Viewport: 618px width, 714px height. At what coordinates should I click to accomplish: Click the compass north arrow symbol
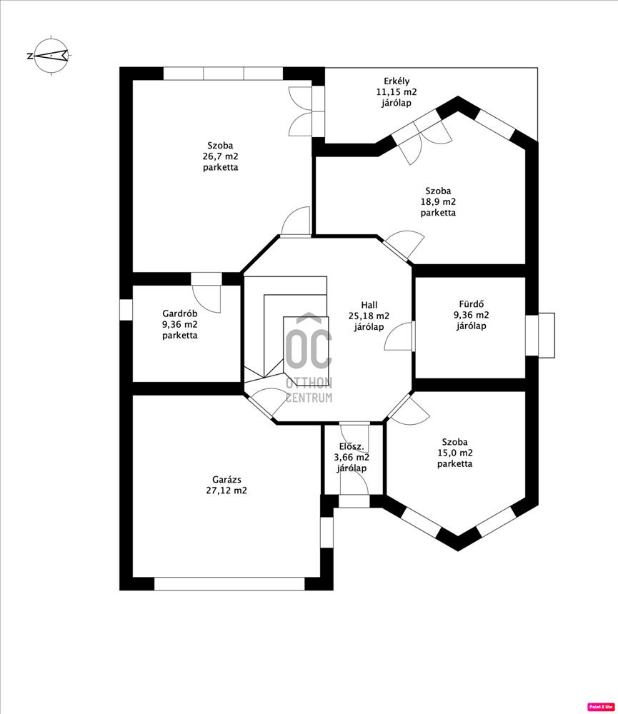[x=51, y=56]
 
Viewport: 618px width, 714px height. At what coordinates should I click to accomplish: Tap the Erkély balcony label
[x=397, y=81]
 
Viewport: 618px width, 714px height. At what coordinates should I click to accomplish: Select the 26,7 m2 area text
[x=221, y=156]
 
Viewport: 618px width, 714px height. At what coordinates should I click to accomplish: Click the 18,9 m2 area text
[x=438, y=202]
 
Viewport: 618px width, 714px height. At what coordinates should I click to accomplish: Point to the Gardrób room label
[x=179, y=313]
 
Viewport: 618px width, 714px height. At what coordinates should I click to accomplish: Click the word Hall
[x=369, y=305]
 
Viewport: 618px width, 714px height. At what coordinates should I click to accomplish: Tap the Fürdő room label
[x=472, y=303]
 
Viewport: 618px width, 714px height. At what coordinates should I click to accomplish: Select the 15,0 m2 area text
[x=455, y=453]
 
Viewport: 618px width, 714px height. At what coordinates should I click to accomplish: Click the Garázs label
[x=226, y=480]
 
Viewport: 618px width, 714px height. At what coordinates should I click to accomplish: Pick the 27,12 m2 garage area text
[x=226, y=491]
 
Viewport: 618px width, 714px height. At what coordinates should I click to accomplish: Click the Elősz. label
[x=352, y=447]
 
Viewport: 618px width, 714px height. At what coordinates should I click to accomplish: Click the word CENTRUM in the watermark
[x=309, y=398]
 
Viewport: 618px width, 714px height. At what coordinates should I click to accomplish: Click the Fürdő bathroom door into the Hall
[x=399, y=336]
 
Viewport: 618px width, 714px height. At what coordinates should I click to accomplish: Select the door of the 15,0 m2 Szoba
[x=409, y=411]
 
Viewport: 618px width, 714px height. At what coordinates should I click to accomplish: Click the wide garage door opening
[x=229, y=584]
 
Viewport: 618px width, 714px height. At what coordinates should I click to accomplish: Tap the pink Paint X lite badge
[x=601, y=707]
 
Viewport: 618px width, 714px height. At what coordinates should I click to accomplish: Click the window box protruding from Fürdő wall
[x=546, y=335]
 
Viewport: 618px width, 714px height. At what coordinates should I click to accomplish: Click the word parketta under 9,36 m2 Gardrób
[x=179, y=336]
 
